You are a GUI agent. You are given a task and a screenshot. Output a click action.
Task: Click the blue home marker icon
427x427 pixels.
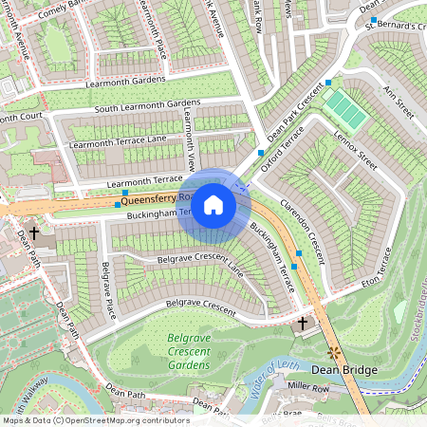[x=213, y=205]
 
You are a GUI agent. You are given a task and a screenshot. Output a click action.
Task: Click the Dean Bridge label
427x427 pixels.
[x=345, y=369]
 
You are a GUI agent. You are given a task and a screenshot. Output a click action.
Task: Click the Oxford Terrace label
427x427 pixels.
[x=285, y=152]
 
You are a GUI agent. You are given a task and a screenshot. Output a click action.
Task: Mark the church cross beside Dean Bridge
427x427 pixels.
[x=303, y=325]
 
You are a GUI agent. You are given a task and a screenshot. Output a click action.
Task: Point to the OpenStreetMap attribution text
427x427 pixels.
[x=95, y=420]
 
